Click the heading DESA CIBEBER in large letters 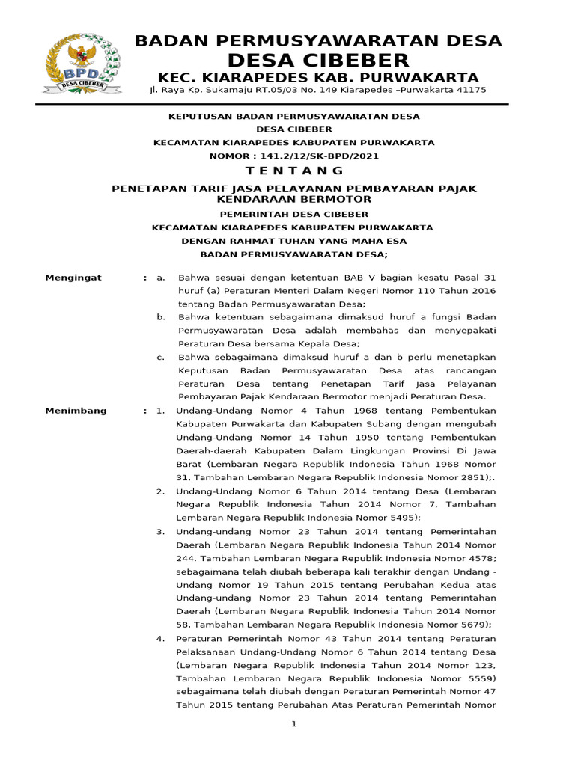click(318, 61)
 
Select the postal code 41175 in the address click(470, 90)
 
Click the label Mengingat click(73, 278)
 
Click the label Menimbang click(76, 411)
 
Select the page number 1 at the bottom click(294, 724)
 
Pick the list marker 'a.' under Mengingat click(161, 278)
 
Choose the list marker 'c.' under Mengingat click(161, 357)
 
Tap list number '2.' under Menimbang click(160, 491)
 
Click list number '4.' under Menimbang click(160, 639)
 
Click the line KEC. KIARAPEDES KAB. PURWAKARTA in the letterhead click(318, 78)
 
